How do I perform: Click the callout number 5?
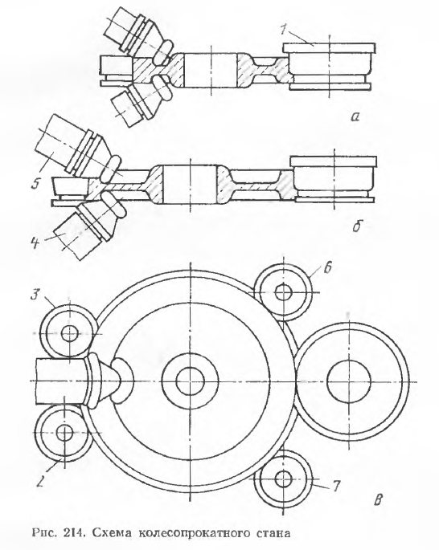(x=35, y=183)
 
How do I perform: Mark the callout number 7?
(x=335, y=486)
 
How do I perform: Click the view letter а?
(x=355, y=116)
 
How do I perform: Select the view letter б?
(x=358, y=226)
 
